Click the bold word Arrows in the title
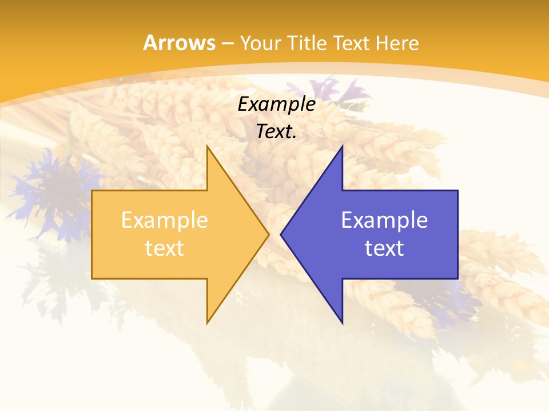coord(178,43)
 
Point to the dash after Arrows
coord(227,43)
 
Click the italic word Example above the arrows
coord(277,104)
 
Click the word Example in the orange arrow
coord(165,220)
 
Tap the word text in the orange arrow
coord(165,248)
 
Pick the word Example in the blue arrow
coord(384,220)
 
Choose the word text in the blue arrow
coord(384,248)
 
